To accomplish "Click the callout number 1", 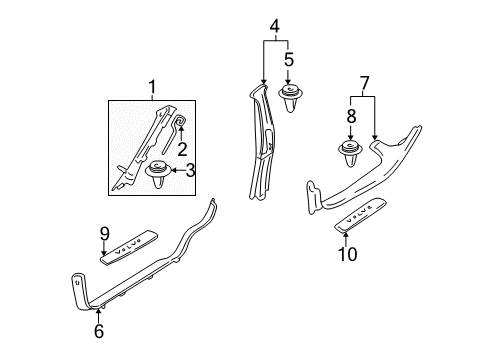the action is pyautogui.click(x=152, y=87).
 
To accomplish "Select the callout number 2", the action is pyautogui.click(x=182, y=149).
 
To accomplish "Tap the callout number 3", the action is pyautogui.click(x=190, y=170).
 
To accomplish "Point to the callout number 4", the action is pyautogui.click(x=275, y=26).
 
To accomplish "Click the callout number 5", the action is pyautogui.click(x=289, y=60).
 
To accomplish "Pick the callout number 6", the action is pyautogui.click(x=99, y=331).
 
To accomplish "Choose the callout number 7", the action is pyautogui.click(x=364, y=83).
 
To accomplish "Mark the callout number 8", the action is pyautogui.click(x=351, y=116).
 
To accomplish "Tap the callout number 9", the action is pyautogui.click(x=105, y=234).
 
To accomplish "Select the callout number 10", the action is pyautogui.click(x=348, y=254).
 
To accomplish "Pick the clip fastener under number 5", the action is pyautogui.click(x=290, y=98).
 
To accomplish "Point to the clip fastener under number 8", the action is pyautogui.click(x=350, y=153).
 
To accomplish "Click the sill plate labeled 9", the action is pyautogui.click(x=129, y=247).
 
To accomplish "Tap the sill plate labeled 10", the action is pyautogui.click(x=361, y=214).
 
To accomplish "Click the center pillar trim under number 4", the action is pyautogui.click(x=263, y=143).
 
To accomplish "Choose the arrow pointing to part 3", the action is pyautogui.click(x=178, y=170).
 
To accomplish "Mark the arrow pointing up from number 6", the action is pyautogui.click(x=98, y=316).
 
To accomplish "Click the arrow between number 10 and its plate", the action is pyautogui.click(x=346, y=239).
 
